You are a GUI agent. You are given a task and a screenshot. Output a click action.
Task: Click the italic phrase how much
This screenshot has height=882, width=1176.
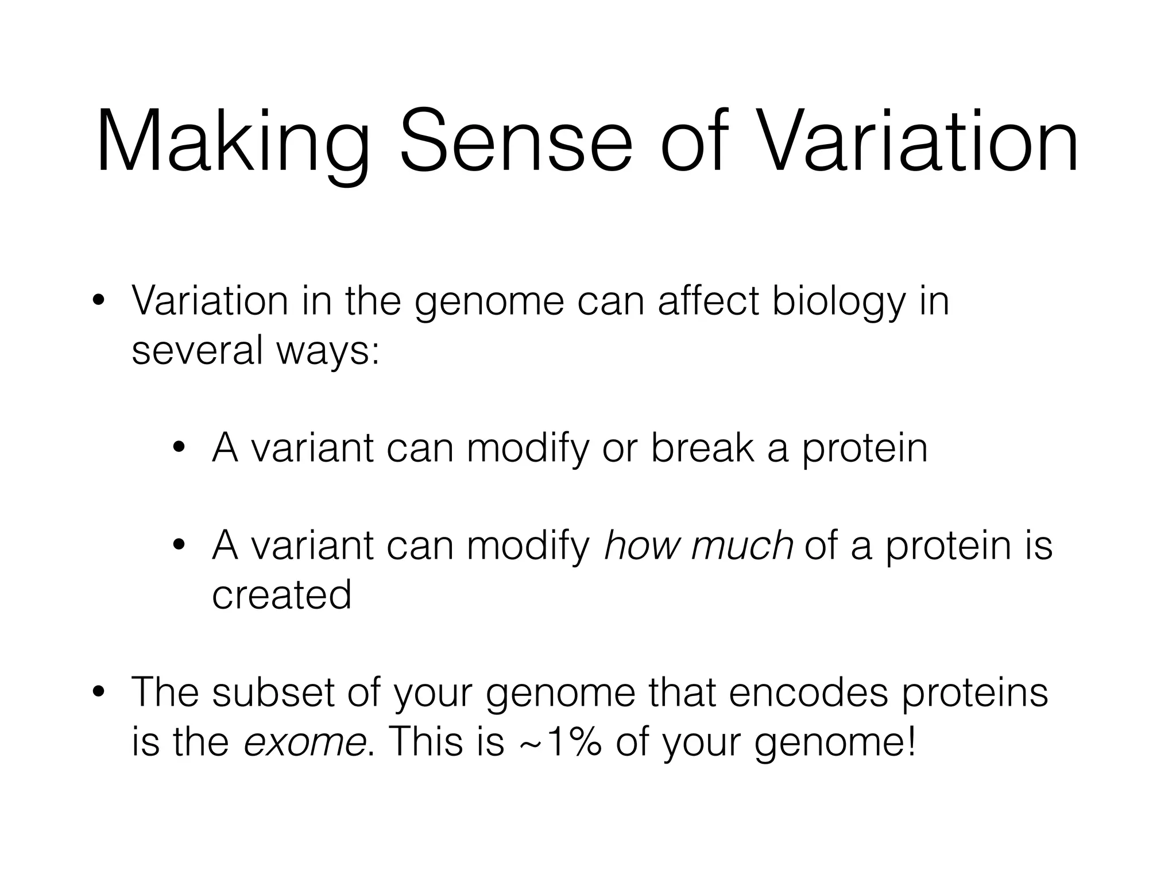(698, 546)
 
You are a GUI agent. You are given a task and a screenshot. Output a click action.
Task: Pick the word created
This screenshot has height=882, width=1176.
(281, 595)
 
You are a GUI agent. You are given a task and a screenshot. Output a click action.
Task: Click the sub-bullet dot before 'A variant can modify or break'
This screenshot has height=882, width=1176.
(179, 447)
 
